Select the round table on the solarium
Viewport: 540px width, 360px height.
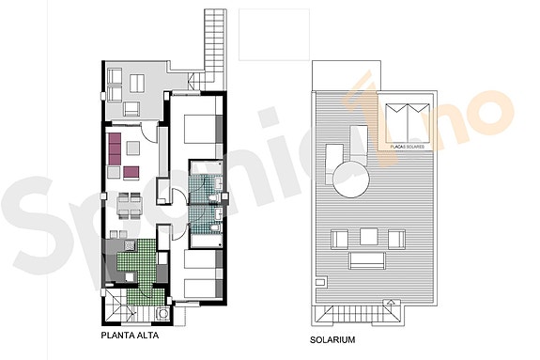coord(353,177)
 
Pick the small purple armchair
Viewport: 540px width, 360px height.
coord(131,171)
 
